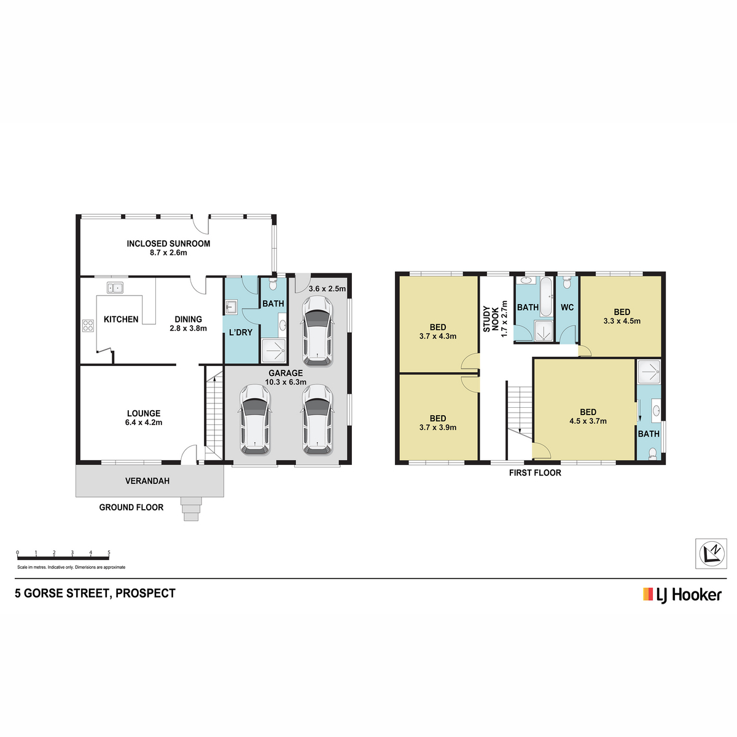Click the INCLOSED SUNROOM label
[x=168, y=244]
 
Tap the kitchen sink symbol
[x=115, y=287]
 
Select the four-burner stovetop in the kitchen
[x=88, y=326]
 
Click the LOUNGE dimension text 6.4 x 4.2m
[x=144, y=423]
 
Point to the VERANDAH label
[x=147, y=481]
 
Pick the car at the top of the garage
[x=318, y=330]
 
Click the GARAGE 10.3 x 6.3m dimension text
[x=286, y=382]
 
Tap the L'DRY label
[x=241, y=332]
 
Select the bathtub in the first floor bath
[x=546, y=297]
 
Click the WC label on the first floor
[x=567, y=308]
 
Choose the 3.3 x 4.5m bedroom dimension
[x=622, y=321]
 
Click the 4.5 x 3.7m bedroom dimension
[x=588, y=421]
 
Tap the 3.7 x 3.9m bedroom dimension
[x=437, y=427]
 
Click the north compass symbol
[x=711, y=553]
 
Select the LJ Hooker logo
[x=682, y=595]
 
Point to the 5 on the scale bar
[x=109, y=552]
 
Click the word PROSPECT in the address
[x=146, y=593]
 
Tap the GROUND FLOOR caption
[x=131, y=507]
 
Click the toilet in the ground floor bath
[x=273, y=284]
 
